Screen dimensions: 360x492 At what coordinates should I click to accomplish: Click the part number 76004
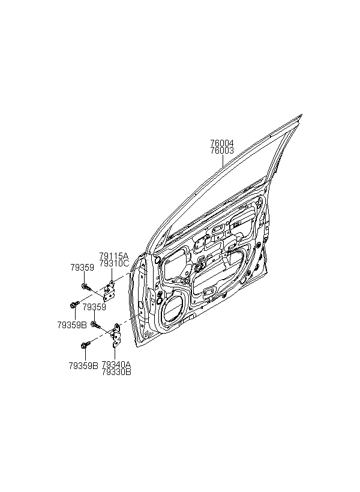pos(222,143)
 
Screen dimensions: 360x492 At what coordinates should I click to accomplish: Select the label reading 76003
pos(222,151)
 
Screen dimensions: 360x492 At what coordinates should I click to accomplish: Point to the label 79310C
pos(114,263)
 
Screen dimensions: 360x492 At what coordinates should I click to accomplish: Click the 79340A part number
pos(116,365)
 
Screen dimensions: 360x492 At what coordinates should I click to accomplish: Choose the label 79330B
pos(116,372)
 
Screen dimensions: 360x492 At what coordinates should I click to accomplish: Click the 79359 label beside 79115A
pos(82,268)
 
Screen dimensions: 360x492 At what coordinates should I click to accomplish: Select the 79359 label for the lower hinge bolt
pos(94,307)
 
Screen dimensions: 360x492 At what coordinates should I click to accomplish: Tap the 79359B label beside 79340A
pos(83,365)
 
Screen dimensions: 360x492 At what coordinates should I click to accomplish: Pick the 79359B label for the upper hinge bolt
pos(72,325)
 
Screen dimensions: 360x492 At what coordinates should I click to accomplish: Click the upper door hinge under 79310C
pos(109,291)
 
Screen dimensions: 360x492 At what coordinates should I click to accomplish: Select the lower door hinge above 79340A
pos(116,335)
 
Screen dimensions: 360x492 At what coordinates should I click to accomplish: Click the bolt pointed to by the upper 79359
pos(86,286)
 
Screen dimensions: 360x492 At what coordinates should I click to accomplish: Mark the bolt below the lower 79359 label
pos(95,325)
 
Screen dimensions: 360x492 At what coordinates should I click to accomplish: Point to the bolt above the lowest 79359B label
pos(86,345)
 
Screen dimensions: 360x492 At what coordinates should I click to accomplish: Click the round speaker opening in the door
pos(172,309)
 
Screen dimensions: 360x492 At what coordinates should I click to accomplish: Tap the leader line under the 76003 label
pos(223,161)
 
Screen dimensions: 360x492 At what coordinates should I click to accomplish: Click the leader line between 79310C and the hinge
pos(112,274)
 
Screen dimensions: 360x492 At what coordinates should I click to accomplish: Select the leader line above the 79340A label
pos(115,354)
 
